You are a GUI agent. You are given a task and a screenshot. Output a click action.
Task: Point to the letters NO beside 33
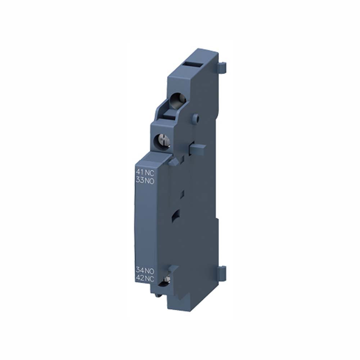click(149, 181)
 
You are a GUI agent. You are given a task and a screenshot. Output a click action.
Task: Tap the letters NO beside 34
click(149, 270)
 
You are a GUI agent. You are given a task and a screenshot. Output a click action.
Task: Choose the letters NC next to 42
click(149, 278)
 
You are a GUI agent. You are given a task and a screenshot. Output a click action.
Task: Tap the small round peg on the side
click(196, 117)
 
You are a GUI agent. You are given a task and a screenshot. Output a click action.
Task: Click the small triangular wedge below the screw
click(173, 162)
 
